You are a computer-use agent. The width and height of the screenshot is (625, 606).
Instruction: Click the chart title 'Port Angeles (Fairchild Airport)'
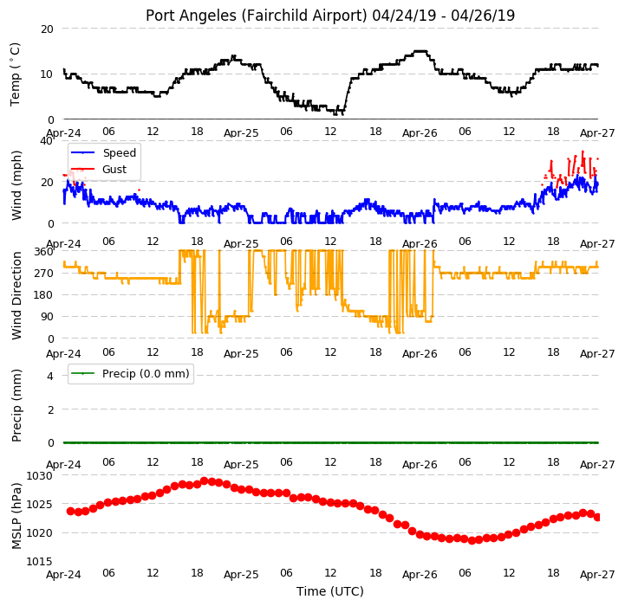coord(256,16)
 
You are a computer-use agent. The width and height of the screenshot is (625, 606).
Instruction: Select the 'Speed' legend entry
coord(119,153)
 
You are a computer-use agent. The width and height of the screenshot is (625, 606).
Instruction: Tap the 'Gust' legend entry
coord(114,169)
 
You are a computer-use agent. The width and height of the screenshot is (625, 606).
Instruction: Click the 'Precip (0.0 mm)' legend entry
coord(146,374)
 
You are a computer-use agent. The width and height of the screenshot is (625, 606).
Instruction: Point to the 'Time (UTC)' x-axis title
coord(330,591)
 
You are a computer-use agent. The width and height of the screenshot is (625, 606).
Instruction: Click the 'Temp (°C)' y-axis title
coord(16,74)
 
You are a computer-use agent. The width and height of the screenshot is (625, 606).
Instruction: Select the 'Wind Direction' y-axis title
coord(16,295)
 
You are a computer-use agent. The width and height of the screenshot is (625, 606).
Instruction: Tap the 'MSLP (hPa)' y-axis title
coord(16,516)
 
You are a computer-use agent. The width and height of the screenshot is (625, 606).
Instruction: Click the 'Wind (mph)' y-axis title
coord(16,185)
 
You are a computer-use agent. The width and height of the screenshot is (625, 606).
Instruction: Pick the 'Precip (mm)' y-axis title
coord(16,405)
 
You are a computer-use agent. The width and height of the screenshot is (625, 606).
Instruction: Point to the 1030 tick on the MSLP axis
coord(39,476)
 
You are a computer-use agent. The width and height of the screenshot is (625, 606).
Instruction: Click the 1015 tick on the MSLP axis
coord(39,561)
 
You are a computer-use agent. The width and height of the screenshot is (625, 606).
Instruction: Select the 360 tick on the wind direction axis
coord(43,252)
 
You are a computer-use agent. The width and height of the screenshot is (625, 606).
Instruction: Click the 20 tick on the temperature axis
coord(47,29)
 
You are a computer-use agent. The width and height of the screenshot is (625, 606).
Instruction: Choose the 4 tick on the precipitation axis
coord(49,376)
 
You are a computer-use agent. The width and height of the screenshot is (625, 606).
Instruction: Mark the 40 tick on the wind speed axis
coord(47,141)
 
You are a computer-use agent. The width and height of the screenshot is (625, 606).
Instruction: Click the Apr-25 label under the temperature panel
coord(241,133)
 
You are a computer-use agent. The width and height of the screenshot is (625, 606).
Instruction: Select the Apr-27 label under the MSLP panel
coord(597,575)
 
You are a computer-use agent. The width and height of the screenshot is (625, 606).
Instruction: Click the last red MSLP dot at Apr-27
coord(597,517)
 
